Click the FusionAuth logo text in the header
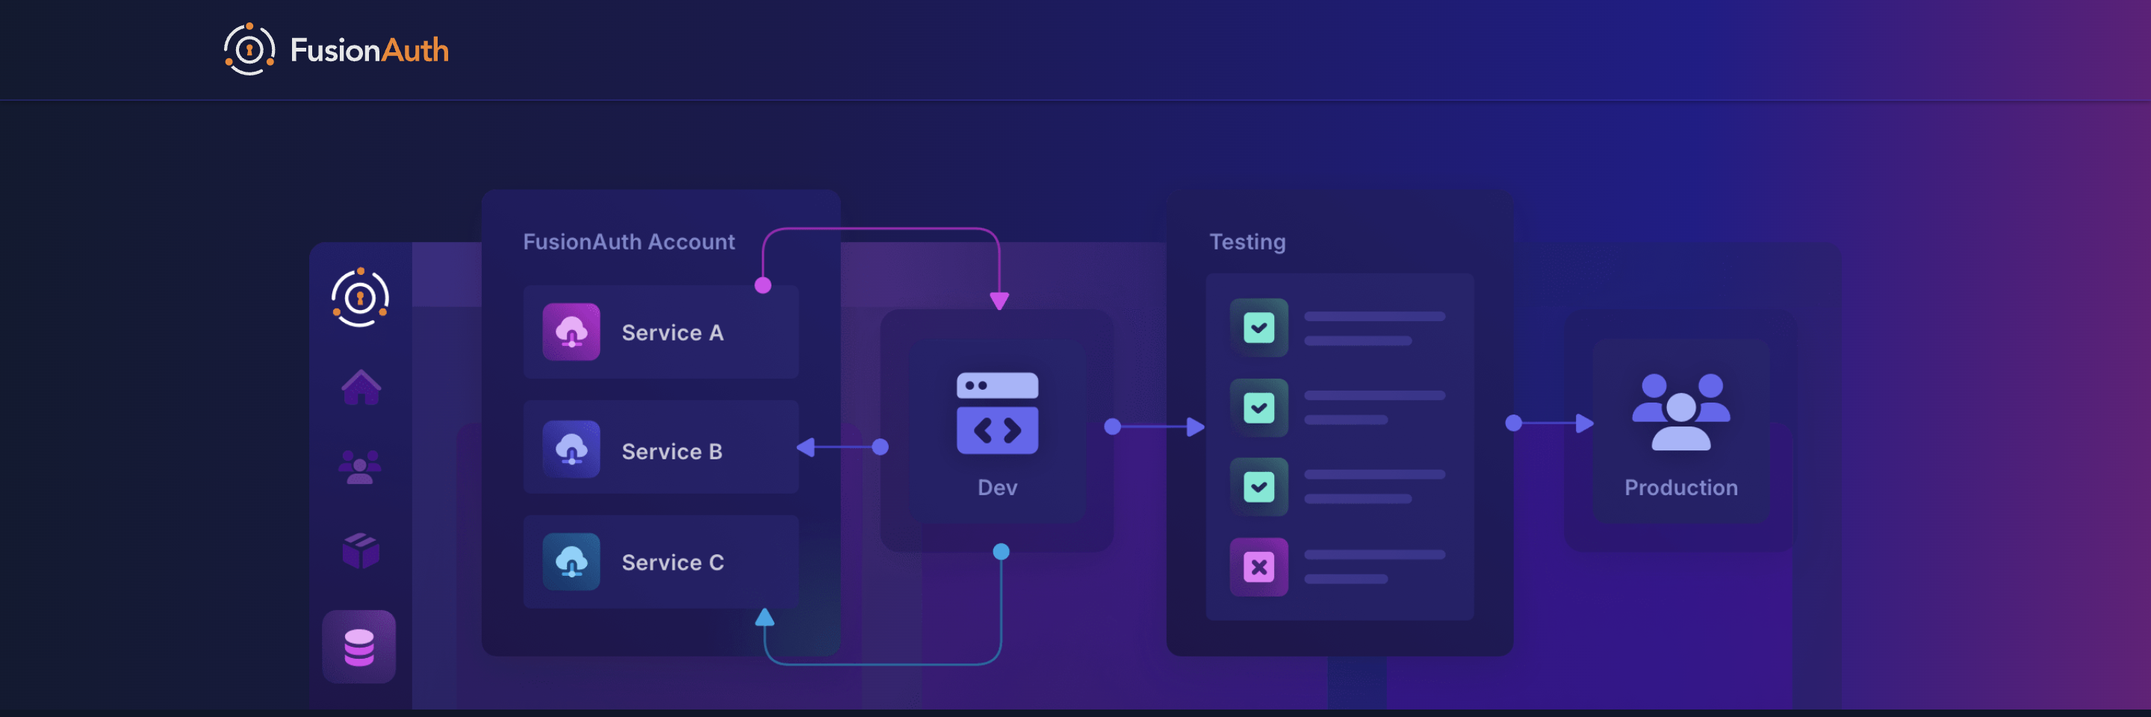click(x=368, y=50)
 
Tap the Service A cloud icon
click(x=571, y=332)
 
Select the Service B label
click(x=671, y=452)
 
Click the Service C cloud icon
click(x=571, y=562)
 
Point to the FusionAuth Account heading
click(x=628, y=242)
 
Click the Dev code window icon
click(x=997, y=413)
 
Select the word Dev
click(x=997, y=488)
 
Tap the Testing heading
click(x=1247, y=242)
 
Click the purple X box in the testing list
click(x=1258, y=568)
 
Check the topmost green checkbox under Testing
click(x=1258, y=327)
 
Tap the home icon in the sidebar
click(x=361, y=388)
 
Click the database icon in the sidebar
click(x=359, y=647)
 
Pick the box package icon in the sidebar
click(x=361, y=551)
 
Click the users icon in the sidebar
click(x=360, y=467)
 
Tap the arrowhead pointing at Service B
click(x=806, y=447)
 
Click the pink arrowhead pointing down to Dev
click(x=999, y=300)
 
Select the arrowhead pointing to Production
click(x=1584, y=423)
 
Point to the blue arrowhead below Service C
click(x=764, y=618)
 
